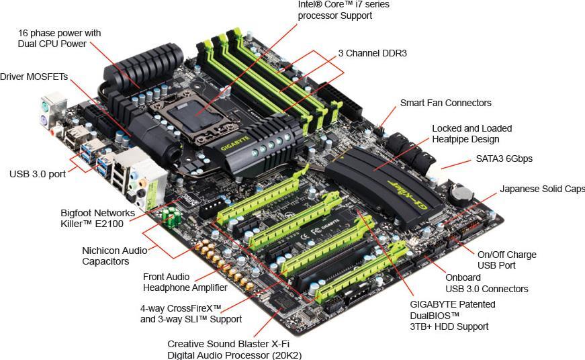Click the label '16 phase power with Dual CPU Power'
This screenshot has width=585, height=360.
(59, 38)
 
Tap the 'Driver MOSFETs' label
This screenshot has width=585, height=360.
(34, 77)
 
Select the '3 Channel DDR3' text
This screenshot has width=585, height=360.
(372, 53)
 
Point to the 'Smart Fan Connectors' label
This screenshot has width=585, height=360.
(445, 103)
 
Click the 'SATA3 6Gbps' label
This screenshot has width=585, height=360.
(504, 159)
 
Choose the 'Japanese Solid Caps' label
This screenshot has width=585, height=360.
(543, 189)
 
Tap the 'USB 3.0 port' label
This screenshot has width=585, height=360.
(38, 174)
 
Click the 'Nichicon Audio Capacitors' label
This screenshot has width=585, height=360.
(115, 256)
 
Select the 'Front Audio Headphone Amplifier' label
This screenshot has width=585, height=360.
(185, 282)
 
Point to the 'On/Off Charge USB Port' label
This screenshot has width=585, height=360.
(507, 260)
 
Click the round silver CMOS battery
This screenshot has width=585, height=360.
(461, 193)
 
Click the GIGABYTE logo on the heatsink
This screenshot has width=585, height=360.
(234, 143)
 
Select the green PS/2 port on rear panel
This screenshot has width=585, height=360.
(45, 106)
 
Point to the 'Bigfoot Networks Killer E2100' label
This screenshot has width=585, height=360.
(98, 218)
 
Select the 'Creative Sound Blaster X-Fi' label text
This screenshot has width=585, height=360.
(228, 344)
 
